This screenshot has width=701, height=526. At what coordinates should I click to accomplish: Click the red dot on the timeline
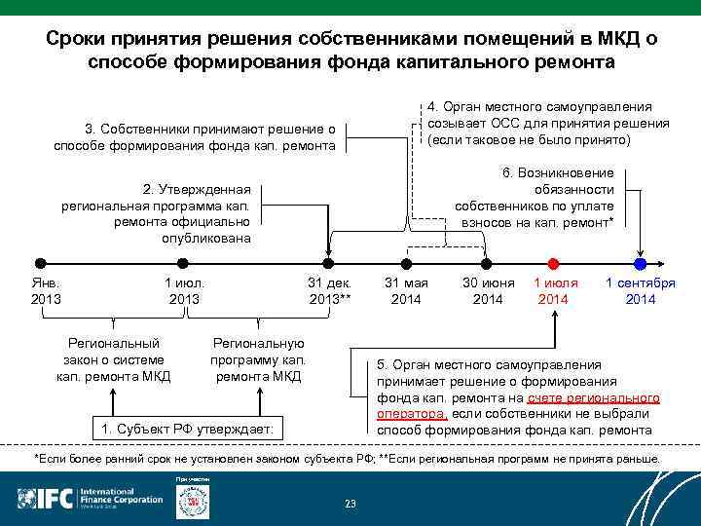tap(553, 263)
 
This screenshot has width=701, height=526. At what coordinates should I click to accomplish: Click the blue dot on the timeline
tap(640, 263)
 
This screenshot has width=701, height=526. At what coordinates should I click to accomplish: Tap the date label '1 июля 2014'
tap(555, 290)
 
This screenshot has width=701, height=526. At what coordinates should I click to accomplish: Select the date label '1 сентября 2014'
tap(640, 290)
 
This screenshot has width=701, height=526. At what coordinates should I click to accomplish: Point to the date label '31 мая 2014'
tap(406, 290)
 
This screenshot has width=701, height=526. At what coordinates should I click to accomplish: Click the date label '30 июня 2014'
tap(488, 290)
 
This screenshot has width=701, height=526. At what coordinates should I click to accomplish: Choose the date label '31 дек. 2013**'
tap(329, 290)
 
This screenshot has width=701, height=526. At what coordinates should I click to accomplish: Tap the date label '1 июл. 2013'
tap(184, 290)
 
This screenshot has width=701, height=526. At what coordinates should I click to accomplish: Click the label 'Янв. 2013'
tap(46, 290)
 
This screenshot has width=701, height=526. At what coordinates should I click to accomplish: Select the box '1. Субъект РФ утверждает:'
tap(188, 430)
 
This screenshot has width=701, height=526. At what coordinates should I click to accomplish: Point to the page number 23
tap(350, 504)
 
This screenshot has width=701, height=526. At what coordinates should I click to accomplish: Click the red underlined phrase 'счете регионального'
tap(593, 398)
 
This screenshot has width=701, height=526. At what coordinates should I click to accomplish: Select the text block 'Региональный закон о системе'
tap(114, 360)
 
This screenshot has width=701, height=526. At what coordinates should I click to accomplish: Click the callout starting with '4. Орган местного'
tap(547, 123)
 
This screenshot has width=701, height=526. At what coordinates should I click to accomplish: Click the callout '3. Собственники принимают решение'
tap(196, 136)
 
